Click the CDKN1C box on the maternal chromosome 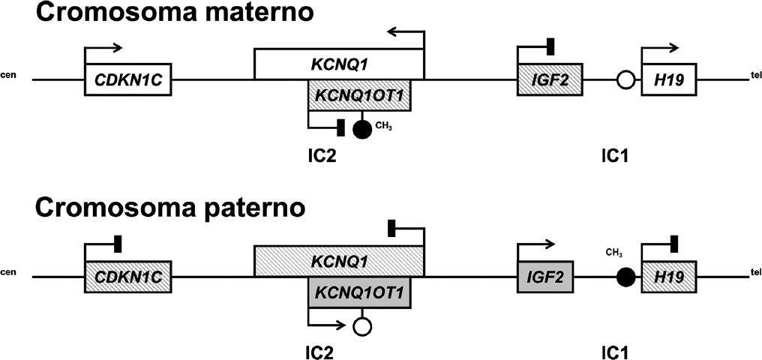tap(128, 79)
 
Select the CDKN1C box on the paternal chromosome tap(128, 277)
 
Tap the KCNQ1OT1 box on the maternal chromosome tap(359, 96)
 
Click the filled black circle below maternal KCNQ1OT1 tap(362, 128)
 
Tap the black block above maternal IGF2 tap(550, 47)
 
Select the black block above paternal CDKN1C tap(118, 244)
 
